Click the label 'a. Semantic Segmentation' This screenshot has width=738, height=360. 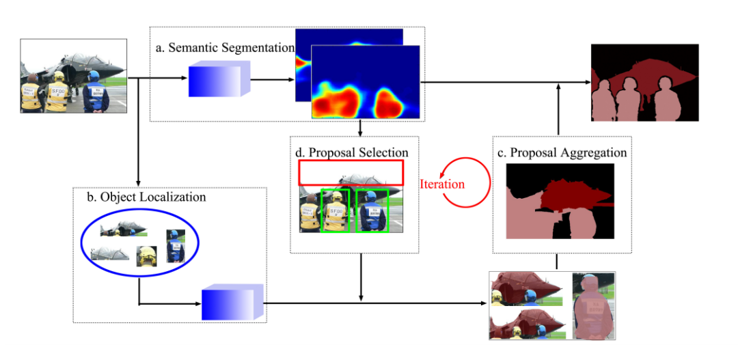[x=224, y=48]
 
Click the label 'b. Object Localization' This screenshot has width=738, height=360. [x=146, y=197]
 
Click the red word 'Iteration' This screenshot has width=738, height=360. [x=442, y=184]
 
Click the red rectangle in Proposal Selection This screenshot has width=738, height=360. [x=351, y=172]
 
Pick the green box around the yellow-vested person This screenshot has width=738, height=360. [x=336, y=210]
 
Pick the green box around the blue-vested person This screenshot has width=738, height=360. [x=372, y=210]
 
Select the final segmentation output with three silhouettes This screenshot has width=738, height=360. [x=644, y=82]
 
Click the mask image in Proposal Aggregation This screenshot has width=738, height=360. [x=560, y=201]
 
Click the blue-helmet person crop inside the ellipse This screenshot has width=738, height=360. [x=176, y=247]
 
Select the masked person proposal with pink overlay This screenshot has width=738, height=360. [x=592, y=305]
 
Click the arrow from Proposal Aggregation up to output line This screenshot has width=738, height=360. [x=559, y=109]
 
